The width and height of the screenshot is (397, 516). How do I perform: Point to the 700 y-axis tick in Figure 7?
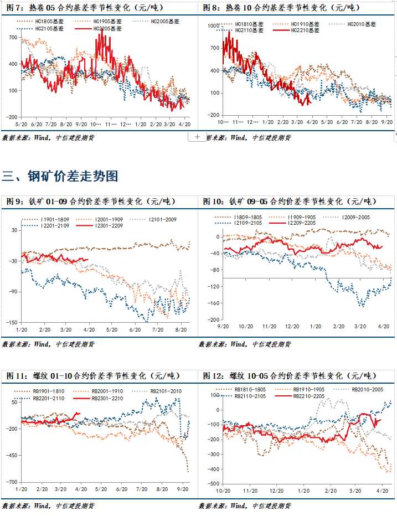click(13, 37)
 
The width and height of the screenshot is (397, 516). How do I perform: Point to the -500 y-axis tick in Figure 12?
click(212, 484)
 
